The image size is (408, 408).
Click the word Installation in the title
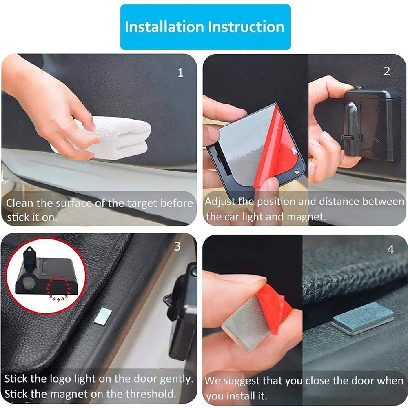coord(164,27)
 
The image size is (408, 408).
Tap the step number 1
coord(181,73)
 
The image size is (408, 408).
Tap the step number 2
coord(387,71)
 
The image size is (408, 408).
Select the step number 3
coord(177,246)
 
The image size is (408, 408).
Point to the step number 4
coord(390,250)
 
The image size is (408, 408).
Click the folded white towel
coord(109,138)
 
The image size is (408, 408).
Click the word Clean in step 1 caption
coord(20,203)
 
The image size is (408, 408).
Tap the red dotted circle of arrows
coord(58,288)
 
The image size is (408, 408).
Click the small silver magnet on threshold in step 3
coord(103,316)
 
